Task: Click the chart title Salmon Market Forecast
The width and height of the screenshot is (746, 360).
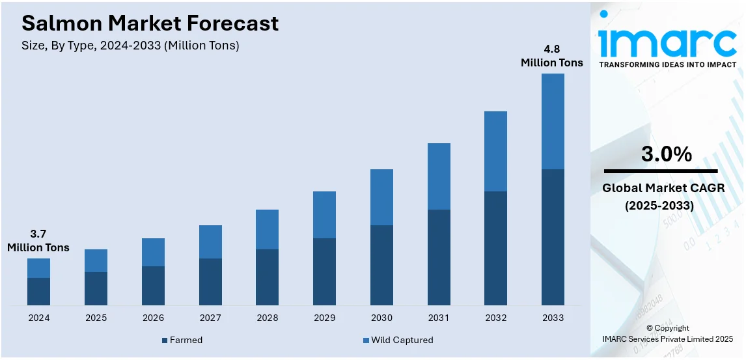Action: (x=150, y=23)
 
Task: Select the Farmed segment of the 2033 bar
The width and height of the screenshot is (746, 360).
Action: (x=553, y=237)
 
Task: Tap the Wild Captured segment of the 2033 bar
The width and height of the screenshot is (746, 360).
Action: (x=553, y=121)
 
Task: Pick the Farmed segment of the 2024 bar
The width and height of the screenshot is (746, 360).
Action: (x=38, y=291)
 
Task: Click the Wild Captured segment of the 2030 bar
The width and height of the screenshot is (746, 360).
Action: (x=381, y=197)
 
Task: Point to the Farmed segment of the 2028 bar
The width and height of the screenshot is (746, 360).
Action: (x=267, y=277)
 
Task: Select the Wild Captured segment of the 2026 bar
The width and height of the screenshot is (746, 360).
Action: (x=153, y=252)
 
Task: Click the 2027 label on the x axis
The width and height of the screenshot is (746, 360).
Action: (x=210, y=318)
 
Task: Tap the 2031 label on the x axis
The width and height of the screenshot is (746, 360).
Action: (x=439, y=318)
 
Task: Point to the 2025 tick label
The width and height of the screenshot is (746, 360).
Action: (x=96, y=318)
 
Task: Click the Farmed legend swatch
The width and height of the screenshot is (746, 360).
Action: (x=165, y=340)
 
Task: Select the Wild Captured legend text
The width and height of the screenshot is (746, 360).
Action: (x=402, y=340)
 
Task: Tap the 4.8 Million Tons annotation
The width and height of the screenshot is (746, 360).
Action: (x=551, y=56)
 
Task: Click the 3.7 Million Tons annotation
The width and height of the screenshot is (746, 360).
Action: (x=38, y=240)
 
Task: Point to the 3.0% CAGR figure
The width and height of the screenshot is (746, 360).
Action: (x=666, y=154)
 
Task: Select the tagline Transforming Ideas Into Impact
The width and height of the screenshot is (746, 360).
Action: (x=667, y=65)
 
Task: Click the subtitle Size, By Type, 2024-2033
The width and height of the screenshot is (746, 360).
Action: (x=130, y=46)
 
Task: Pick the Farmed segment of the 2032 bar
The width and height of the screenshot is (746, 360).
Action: (x=495, y=248)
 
